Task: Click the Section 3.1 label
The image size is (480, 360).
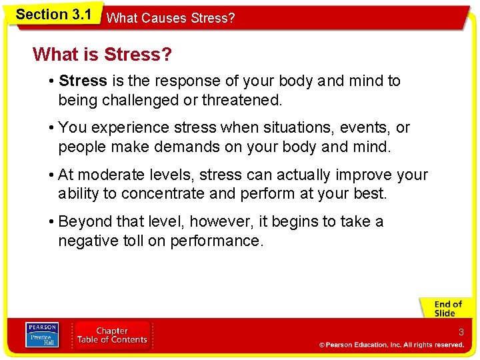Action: (53, 14)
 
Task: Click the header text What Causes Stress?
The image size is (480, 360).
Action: (171, 18)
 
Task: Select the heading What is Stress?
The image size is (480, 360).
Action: (102, 54)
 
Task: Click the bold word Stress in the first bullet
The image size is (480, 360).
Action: (83, 81)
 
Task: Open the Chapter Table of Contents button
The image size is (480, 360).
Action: (112, 335)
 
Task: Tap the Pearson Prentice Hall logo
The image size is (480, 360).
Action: (42, 335)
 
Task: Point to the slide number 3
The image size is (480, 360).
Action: (461, 332)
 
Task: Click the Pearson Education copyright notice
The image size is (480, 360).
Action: (391, 345)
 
